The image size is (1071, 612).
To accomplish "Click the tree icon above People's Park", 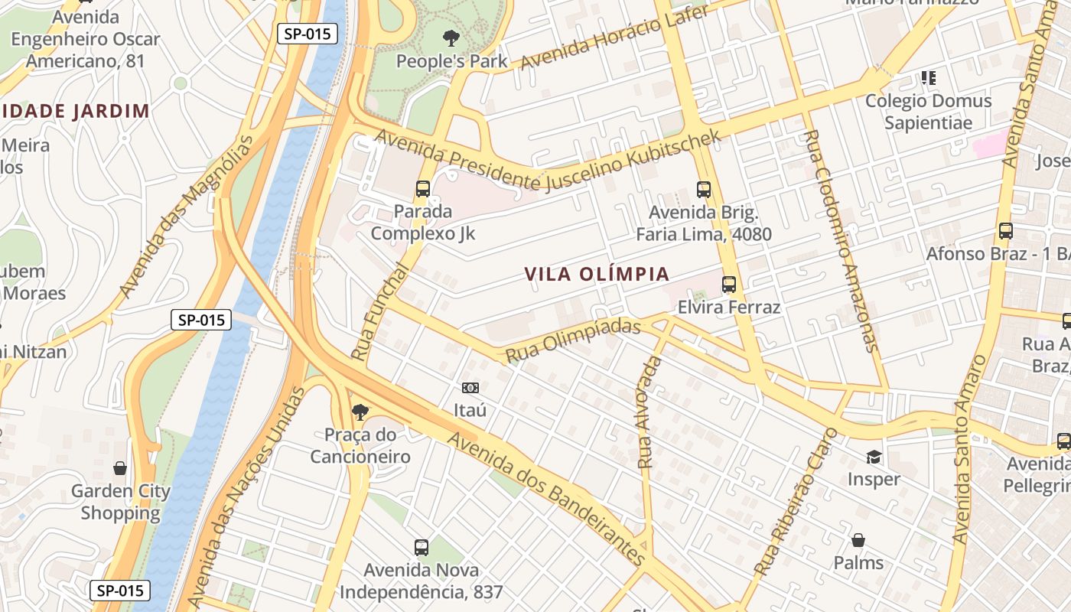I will pyautogui.click(x=451, y=37).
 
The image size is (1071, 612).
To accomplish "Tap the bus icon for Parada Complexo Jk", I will pyautogui.click(x=423, y=188).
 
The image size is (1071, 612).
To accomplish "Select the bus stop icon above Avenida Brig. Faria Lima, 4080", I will pyautogui.click(x=704, y=189).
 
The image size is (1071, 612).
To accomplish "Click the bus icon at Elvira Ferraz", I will pyautogui.click(x=729, y=285).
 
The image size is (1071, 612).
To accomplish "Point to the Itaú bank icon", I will pyautogui.click(x=470, y=388).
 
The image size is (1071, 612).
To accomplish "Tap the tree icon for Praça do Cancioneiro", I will pyautogui.click(x=360, y=413).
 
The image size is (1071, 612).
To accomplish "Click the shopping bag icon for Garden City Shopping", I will pyautogui.click(x=120, y=468).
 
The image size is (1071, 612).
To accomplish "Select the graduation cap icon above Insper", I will pyautogui.click(x=873, y=457).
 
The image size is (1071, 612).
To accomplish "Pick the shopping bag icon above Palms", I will pyautogui.click(x=858, y=541).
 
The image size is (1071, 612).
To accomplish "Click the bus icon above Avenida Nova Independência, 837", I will pyautogui.click(x=422, y=547).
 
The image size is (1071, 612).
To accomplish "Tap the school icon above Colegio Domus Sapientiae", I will pyautogui.click(x=928, y=77).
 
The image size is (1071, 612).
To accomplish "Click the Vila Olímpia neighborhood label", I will pyautogui.click(x=597, y=274).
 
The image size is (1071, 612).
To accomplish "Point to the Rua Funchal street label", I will pyautogui.click(x=381, y=312).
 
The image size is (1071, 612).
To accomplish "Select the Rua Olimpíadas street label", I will pyautogui.click(x=572, y=340).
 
